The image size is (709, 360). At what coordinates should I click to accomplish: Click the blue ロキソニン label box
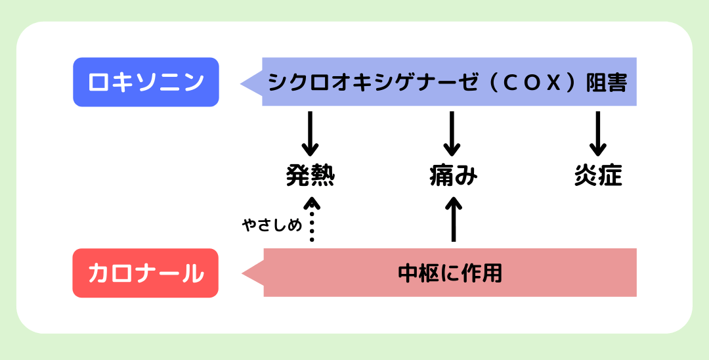point(145,82)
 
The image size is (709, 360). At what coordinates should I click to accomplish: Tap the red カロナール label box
point(145,273)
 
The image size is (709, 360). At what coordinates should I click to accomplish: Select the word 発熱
point(311,177)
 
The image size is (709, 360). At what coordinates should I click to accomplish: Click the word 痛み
point(452,177)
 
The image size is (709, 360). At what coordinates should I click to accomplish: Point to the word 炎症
point(597,177)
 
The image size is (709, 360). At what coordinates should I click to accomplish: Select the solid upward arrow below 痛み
point(453,219)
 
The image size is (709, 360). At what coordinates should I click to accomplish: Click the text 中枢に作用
point(450,273)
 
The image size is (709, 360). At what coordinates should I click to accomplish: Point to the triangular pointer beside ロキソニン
point(251,83)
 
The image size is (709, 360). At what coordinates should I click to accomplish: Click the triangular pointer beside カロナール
point(253,273)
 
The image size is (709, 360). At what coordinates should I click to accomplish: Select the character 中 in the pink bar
point(408,273)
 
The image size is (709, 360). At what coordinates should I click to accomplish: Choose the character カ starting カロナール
point(98,273)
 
